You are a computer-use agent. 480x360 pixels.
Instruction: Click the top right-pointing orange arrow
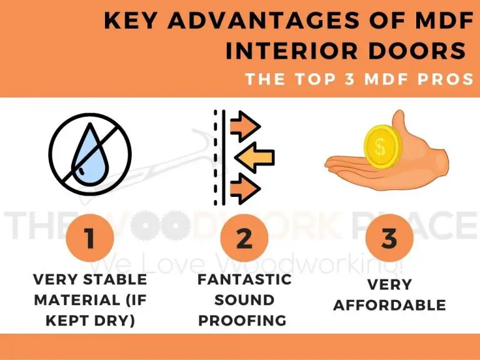tap(244, 127)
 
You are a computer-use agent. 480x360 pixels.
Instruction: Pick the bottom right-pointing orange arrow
tap(244, 186)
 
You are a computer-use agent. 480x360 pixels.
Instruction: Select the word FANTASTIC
tap(244, 279)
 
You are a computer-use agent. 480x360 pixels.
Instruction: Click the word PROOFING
tap(244, 321)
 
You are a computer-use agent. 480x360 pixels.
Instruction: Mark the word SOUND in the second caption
tap(244, 300)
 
